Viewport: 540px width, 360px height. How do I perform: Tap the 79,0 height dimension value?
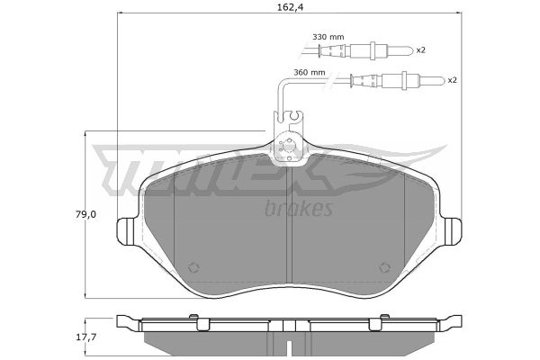pos(85,214)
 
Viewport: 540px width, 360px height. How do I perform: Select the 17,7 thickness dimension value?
pos(85,337)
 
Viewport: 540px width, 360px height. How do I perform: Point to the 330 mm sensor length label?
pos(328,37)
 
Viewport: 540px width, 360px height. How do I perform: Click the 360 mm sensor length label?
pos(309,72)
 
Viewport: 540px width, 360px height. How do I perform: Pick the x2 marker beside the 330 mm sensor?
pos(420,50)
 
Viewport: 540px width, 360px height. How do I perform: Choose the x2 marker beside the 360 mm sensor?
pos(452,80)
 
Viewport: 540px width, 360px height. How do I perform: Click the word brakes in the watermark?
pos(299,208)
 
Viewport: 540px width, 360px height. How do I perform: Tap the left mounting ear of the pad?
pos(126,231)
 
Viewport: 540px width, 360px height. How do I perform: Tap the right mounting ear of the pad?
pos(452,231)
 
